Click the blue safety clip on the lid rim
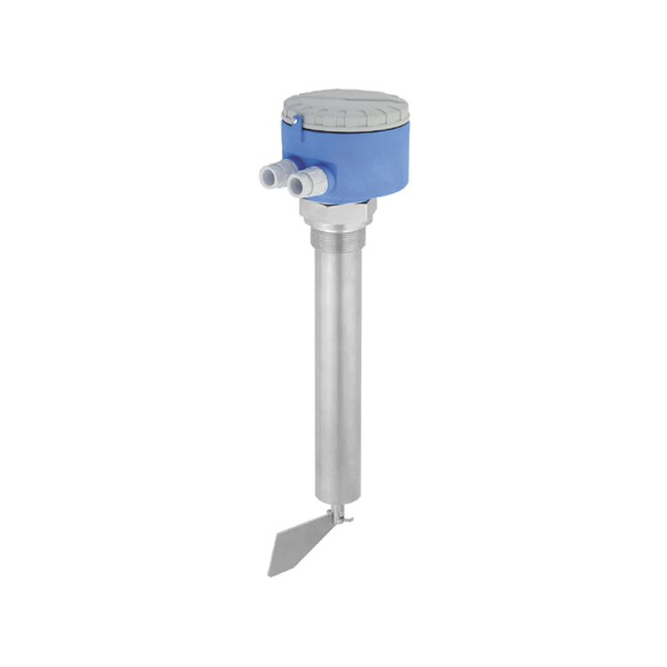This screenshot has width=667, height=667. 297,124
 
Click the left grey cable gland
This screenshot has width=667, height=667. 266,177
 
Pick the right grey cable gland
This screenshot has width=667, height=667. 305,183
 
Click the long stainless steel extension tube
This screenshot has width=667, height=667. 338,374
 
